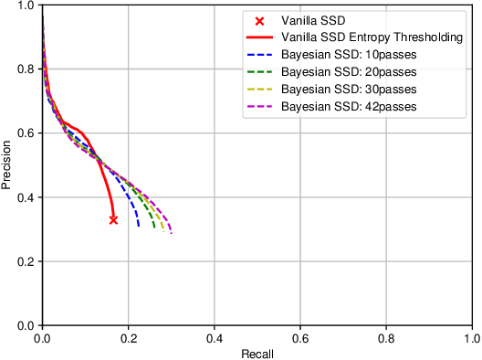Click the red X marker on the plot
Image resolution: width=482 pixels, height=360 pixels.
pos(113,219)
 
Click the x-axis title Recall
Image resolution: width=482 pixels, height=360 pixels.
pos(257,353)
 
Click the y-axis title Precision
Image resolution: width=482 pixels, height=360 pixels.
pos(7,164)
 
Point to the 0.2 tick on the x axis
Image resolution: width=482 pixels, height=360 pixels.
pos(128,337)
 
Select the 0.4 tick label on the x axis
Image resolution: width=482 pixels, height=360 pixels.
pos(214,337)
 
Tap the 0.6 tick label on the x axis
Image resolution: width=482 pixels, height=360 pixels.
pos(299,337)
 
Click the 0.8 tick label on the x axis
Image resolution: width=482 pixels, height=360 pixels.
pos(385,337)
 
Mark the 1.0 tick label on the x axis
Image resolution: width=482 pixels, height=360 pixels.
pos(470,337)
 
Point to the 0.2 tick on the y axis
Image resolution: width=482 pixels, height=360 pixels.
pos(26,261)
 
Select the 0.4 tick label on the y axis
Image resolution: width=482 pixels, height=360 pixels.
pos(26,197)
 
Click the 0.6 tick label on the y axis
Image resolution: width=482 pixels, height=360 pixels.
pos(26,133)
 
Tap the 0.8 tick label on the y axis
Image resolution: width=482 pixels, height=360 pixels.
pos(26,69)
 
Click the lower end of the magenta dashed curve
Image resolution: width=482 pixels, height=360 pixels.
pos(171,233)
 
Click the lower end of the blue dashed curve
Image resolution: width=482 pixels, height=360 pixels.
pos(139,226)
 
